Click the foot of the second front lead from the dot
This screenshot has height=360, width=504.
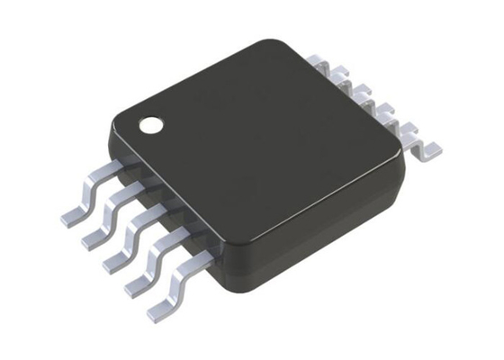[91, 237]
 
